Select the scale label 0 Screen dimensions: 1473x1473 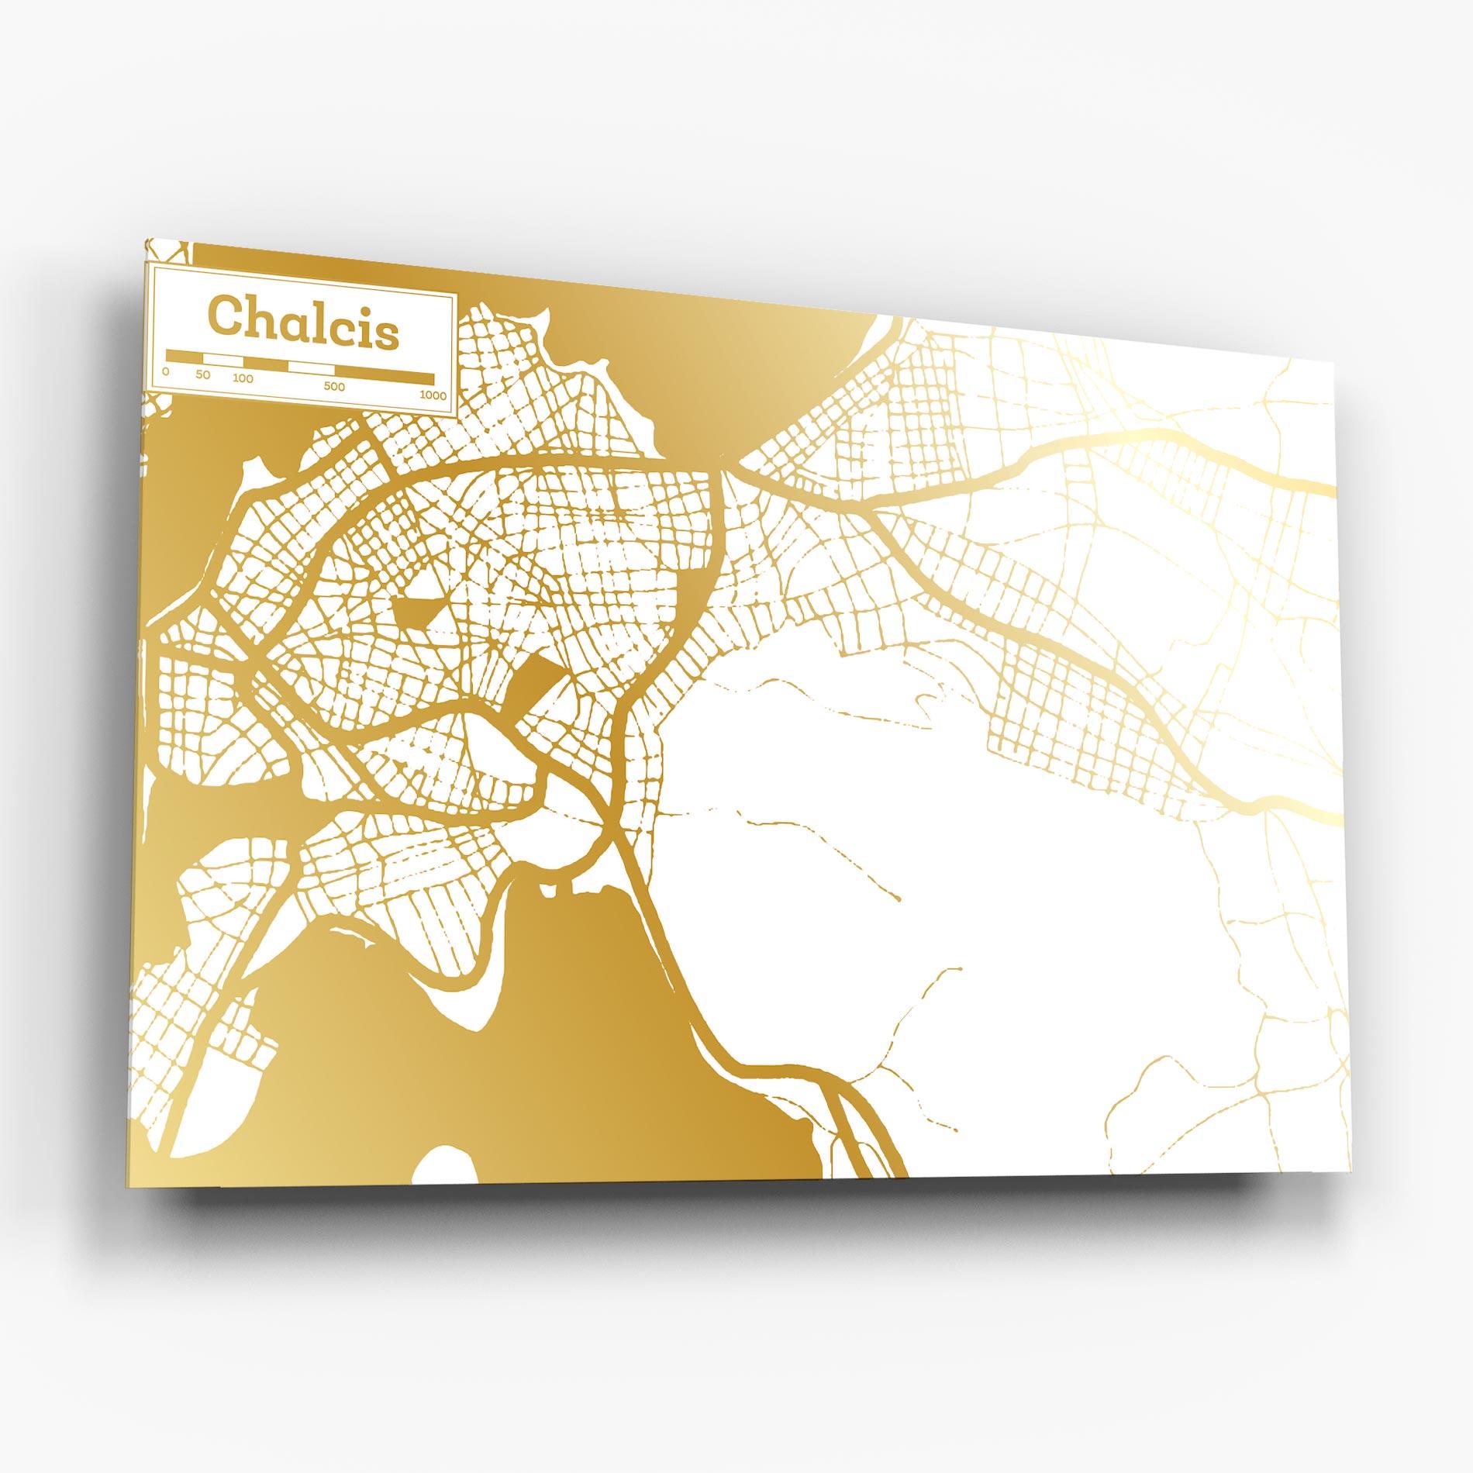(x=165, y=371)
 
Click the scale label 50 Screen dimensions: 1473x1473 (x=202, y=376)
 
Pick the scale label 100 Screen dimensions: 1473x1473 (x=243, y=379)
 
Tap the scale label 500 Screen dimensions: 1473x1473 (x=335, y=387)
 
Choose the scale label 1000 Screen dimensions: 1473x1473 (x=433, y=395)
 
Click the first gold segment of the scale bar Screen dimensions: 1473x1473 (x=184, y=357)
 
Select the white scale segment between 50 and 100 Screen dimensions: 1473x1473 (x=223, y=360)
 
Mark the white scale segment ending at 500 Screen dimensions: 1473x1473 (x=310, y=367)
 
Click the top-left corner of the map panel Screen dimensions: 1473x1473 (x=145, y=240)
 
